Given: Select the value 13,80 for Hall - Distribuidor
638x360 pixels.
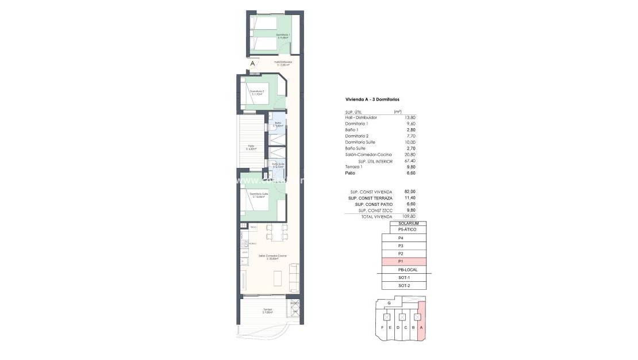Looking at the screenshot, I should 410,117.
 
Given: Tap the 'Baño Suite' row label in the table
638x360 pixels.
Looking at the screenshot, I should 355,148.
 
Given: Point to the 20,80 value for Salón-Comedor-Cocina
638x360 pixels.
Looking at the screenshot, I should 410,155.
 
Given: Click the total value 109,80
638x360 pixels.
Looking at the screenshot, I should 409,216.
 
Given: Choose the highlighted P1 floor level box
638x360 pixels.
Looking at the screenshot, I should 403,262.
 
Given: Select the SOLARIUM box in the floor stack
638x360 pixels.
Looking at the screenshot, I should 408,223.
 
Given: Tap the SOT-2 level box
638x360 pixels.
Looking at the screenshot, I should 403,286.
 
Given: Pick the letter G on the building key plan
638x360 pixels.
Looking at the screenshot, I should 389,303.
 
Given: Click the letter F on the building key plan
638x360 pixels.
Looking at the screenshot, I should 382,328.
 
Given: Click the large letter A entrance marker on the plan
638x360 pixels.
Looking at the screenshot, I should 253,64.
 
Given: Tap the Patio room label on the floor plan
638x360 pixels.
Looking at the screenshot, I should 252,147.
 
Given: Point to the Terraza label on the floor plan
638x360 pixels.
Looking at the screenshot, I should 267,311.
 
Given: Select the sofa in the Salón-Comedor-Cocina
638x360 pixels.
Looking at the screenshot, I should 294,277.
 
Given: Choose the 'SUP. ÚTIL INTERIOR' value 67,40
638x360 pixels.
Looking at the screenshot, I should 410,162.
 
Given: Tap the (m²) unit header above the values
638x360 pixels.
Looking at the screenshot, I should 397,112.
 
